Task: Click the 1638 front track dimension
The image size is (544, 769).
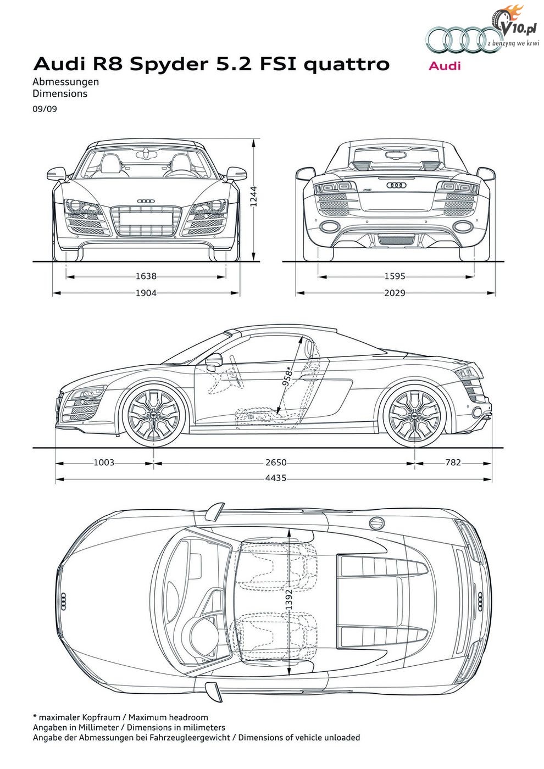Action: click(x=146, y=276)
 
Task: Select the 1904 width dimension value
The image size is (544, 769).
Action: click(x=146, y=293)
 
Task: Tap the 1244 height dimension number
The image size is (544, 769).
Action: click(x=253, y=197)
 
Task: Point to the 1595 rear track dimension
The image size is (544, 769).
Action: click(x=395, y=276)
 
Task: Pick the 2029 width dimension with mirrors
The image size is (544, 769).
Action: click(x=395, y=293)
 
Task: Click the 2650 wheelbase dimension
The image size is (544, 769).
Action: click(x=276, y=462)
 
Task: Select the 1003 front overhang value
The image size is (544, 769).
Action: click(x=104, y=462)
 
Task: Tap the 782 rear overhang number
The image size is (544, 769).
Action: click(x=453, y=462)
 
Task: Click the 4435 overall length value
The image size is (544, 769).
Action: click(x=276, y=478)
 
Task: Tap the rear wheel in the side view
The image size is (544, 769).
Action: click(x=414, y=415)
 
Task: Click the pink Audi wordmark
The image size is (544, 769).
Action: click(x=445, y=65)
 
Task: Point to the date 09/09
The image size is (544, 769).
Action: click(x=45, y=109)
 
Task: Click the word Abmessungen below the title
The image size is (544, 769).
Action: click(x=65, y=82)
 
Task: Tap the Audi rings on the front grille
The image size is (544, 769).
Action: click(x=146, y=201)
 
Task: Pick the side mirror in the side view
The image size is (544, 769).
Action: click(x=214, y=361)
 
